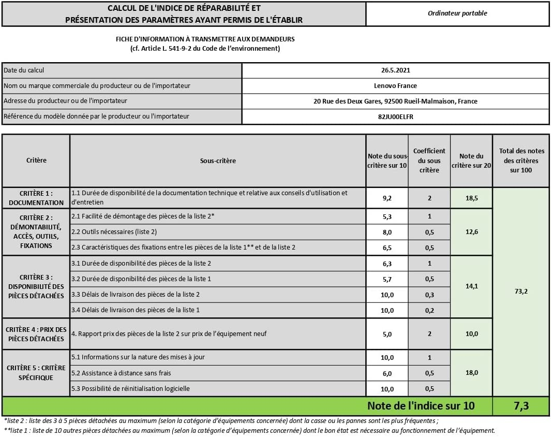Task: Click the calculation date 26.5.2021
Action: [x=395, y=70]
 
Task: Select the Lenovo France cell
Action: [x=395, y=85]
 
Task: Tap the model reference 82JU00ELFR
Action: [x=395, y=116]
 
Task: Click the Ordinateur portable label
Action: [x=457, y=13]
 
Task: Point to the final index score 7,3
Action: [x=520, y=406]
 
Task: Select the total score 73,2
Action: [x=520, y=292]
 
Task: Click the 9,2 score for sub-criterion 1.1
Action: [x=387, y=197]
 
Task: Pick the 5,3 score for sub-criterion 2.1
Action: [x=387, y=216]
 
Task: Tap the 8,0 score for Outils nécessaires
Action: [x=387, y=232]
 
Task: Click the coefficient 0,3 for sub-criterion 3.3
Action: [x=429, y=295]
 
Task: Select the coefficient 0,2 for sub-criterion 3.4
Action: [x=429, y=310]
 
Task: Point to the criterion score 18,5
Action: [x=471, y=197]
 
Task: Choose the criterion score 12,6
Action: [x=471, y=232]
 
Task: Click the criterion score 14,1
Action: [x=471, y=286]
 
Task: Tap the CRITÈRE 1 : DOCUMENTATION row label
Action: [x=36, y=197]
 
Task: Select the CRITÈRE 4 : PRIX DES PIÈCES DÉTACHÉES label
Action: [x=36, y=334]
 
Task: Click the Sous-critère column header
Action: [x=218, y=161]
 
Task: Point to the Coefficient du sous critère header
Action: [x=429, y=161]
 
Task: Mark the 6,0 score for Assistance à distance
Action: [x=387, y=373]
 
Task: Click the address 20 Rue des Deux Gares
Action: [x=395, y=101]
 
